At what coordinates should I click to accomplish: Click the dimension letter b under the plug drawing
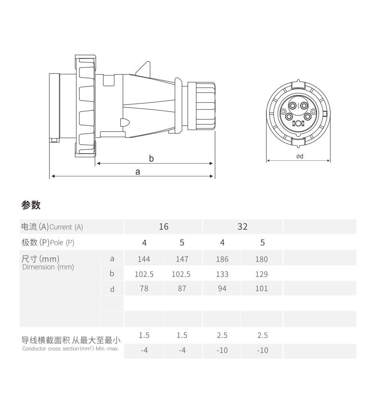(x=151, y=158)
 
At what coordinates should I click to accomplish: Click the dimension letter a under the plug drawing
(x=138, y=172)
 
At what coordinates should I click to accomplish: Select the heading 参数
(x=31, y=205)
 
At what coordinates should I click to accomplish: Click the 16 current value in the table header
(x=164, y=227)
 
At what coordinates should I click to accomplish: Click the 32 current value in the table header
(x=242, y=227)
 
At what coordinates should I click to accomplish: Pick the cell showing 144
(x=144, y=259)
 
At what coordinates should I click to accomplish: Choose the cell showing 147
(x=182, y=259)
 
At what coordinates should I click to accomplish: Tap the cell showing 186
(x=222, y=259)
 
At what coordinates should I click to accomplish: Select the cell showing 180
(x=261, y=259)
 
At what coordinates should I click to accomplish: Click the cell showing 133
(x=222, y=274)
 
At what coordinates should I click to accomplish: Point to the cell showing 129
(x=261, y=274)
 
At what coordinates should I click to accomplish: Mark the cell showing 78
(x=144, y=288)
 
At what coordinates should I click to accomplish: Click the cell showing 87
(x=182, y=288)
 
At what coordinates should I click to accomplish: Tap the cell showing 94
(x=222, y=288)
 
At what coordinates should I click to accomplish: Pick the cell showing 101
(x=261, y=288)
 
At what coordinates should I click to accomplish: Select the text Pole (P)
(x=62, y=243)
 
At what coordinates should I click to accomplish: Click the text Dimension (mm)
(x=48, y=267)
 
